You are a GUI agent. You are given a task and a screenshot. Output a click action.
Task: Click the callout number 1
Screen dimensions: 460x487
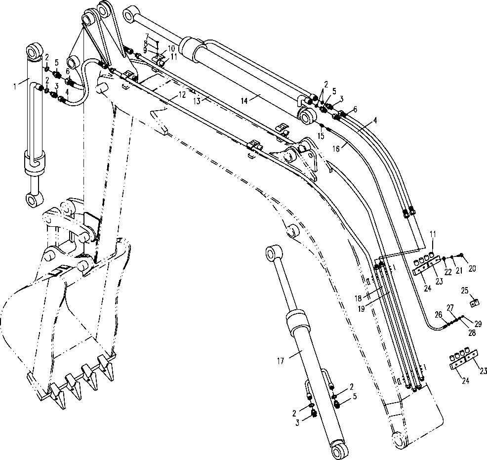(x=15, y=85)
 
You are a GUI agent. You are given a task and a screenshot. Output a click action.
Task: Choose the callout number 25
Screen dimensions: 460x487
(x=465, y=290)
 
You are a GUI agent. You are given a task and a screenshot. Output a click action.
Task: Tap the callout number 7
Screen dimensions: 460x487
(x=147, y=36)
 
